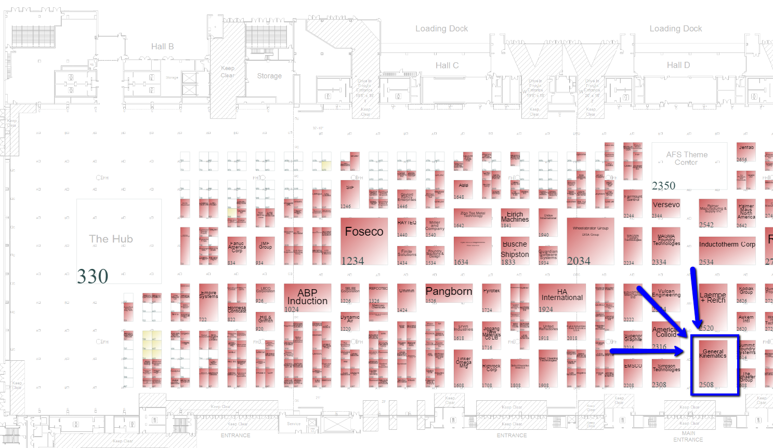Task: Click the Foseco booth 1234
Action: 364,241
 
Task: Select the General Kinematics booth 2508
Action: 713,363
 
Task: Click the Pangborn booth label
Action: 449,291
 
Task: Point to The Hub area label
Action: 111,239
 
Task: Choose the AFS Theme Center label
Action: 687,158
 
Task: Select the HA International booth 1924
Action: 562,297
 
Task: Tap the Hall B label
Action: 162,47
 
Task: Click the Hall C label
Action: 447,65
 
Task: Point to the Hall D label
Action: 678,65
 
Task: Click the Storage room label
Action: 269,76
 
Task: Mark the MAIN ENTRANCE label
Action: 688,437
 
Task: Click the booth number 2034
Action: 579,261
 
